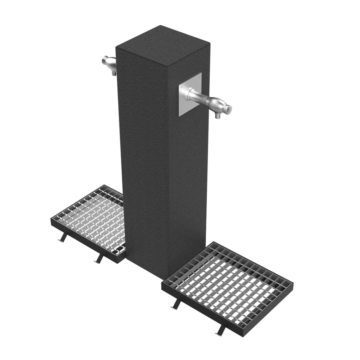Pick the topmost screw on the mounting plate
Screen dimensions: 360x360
(x=200, y=75)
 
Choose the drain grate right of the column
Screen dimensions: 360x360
(x=228, y=281)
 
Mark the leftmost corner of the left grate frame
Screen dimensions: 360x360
(x=52, y=219)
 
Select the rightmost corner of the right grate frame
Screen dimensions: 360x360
(x=293, y=282)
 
